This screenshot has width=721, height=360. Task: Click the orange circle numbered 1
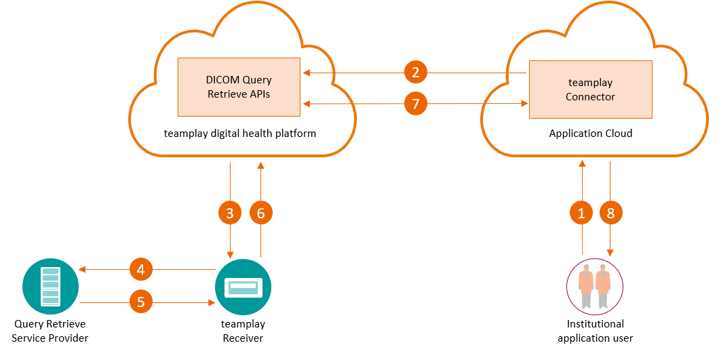pos(581,213)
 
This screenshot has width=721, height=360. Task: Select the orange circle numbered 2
pos(416,71)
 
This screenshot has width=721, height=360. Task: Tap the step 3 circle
pos(230,213)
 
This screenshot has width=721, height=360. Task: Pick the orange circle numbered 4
pos(141,270)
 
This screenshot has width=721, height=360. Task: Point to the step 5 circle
pos(141,302)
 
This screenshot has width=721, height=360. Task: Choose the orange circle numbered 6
pos(260,213)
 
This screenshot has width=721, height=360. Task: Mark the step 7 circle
pos(416,104)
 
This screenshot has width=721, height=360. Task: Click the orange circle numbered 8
pos(611,213)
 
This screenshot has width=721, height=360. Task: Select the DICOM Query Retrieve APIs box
pos(239,87)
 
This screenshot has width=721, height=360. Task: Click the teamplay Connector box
pos(590,89)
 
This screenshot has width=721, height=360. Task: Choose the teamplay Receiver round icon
pos(243,287)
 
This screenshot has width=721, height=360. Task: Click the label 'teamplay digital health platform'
pos(240,133)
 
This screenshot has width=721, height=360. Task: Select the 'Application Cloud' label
pos(590,134)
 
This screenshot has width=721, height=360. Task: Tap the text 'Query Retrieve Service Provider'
pos(50,331)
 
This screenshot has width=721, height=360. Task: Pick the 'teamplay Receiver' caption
pos(243,331)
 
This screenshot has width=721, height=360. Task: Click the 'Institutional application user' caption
pos(595,331)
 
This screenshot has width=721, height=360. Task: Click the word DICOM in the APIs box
pos(224,80)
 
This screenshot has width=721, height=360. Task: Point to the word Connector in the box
pos(590,97)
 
